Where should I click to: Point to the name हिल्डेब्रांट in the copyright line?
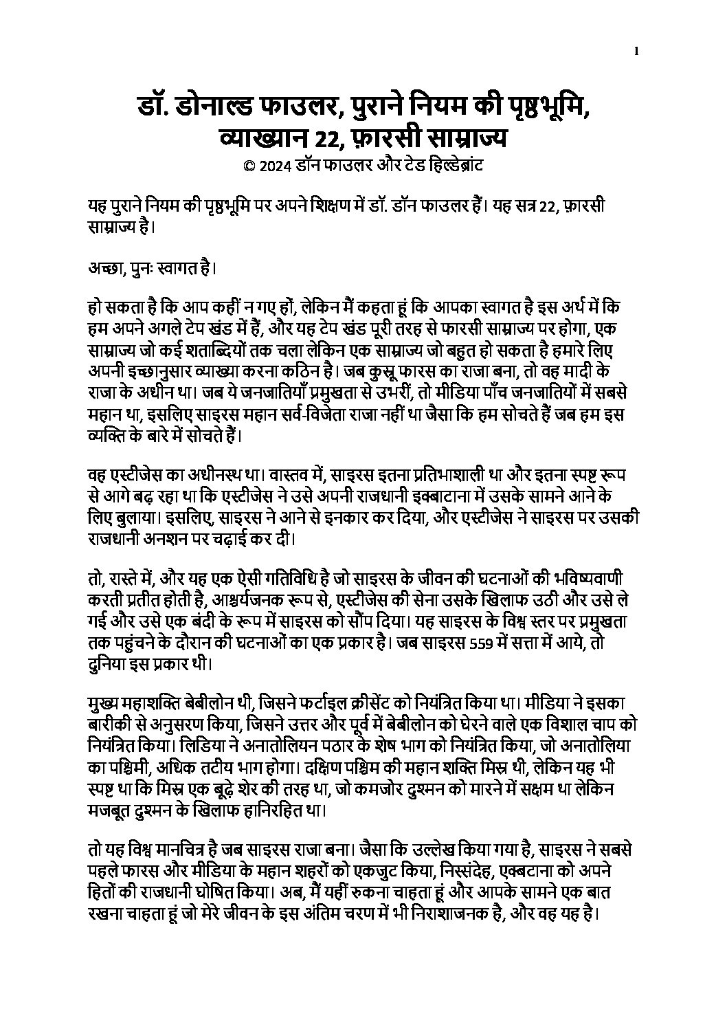pyautogui.click(x=457, y=166)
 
